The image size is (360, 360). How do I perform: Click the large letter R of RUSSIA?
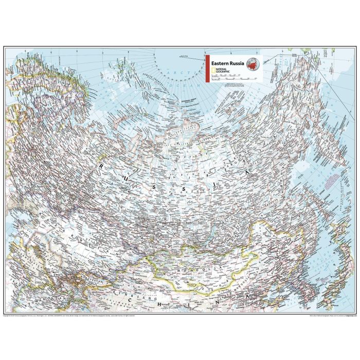tap(101, 166)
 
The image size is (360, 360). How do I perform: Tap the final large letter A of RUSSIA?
tap(248, 173)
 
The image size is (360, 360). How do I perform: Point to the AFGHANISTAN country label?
tap(31, 298)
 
